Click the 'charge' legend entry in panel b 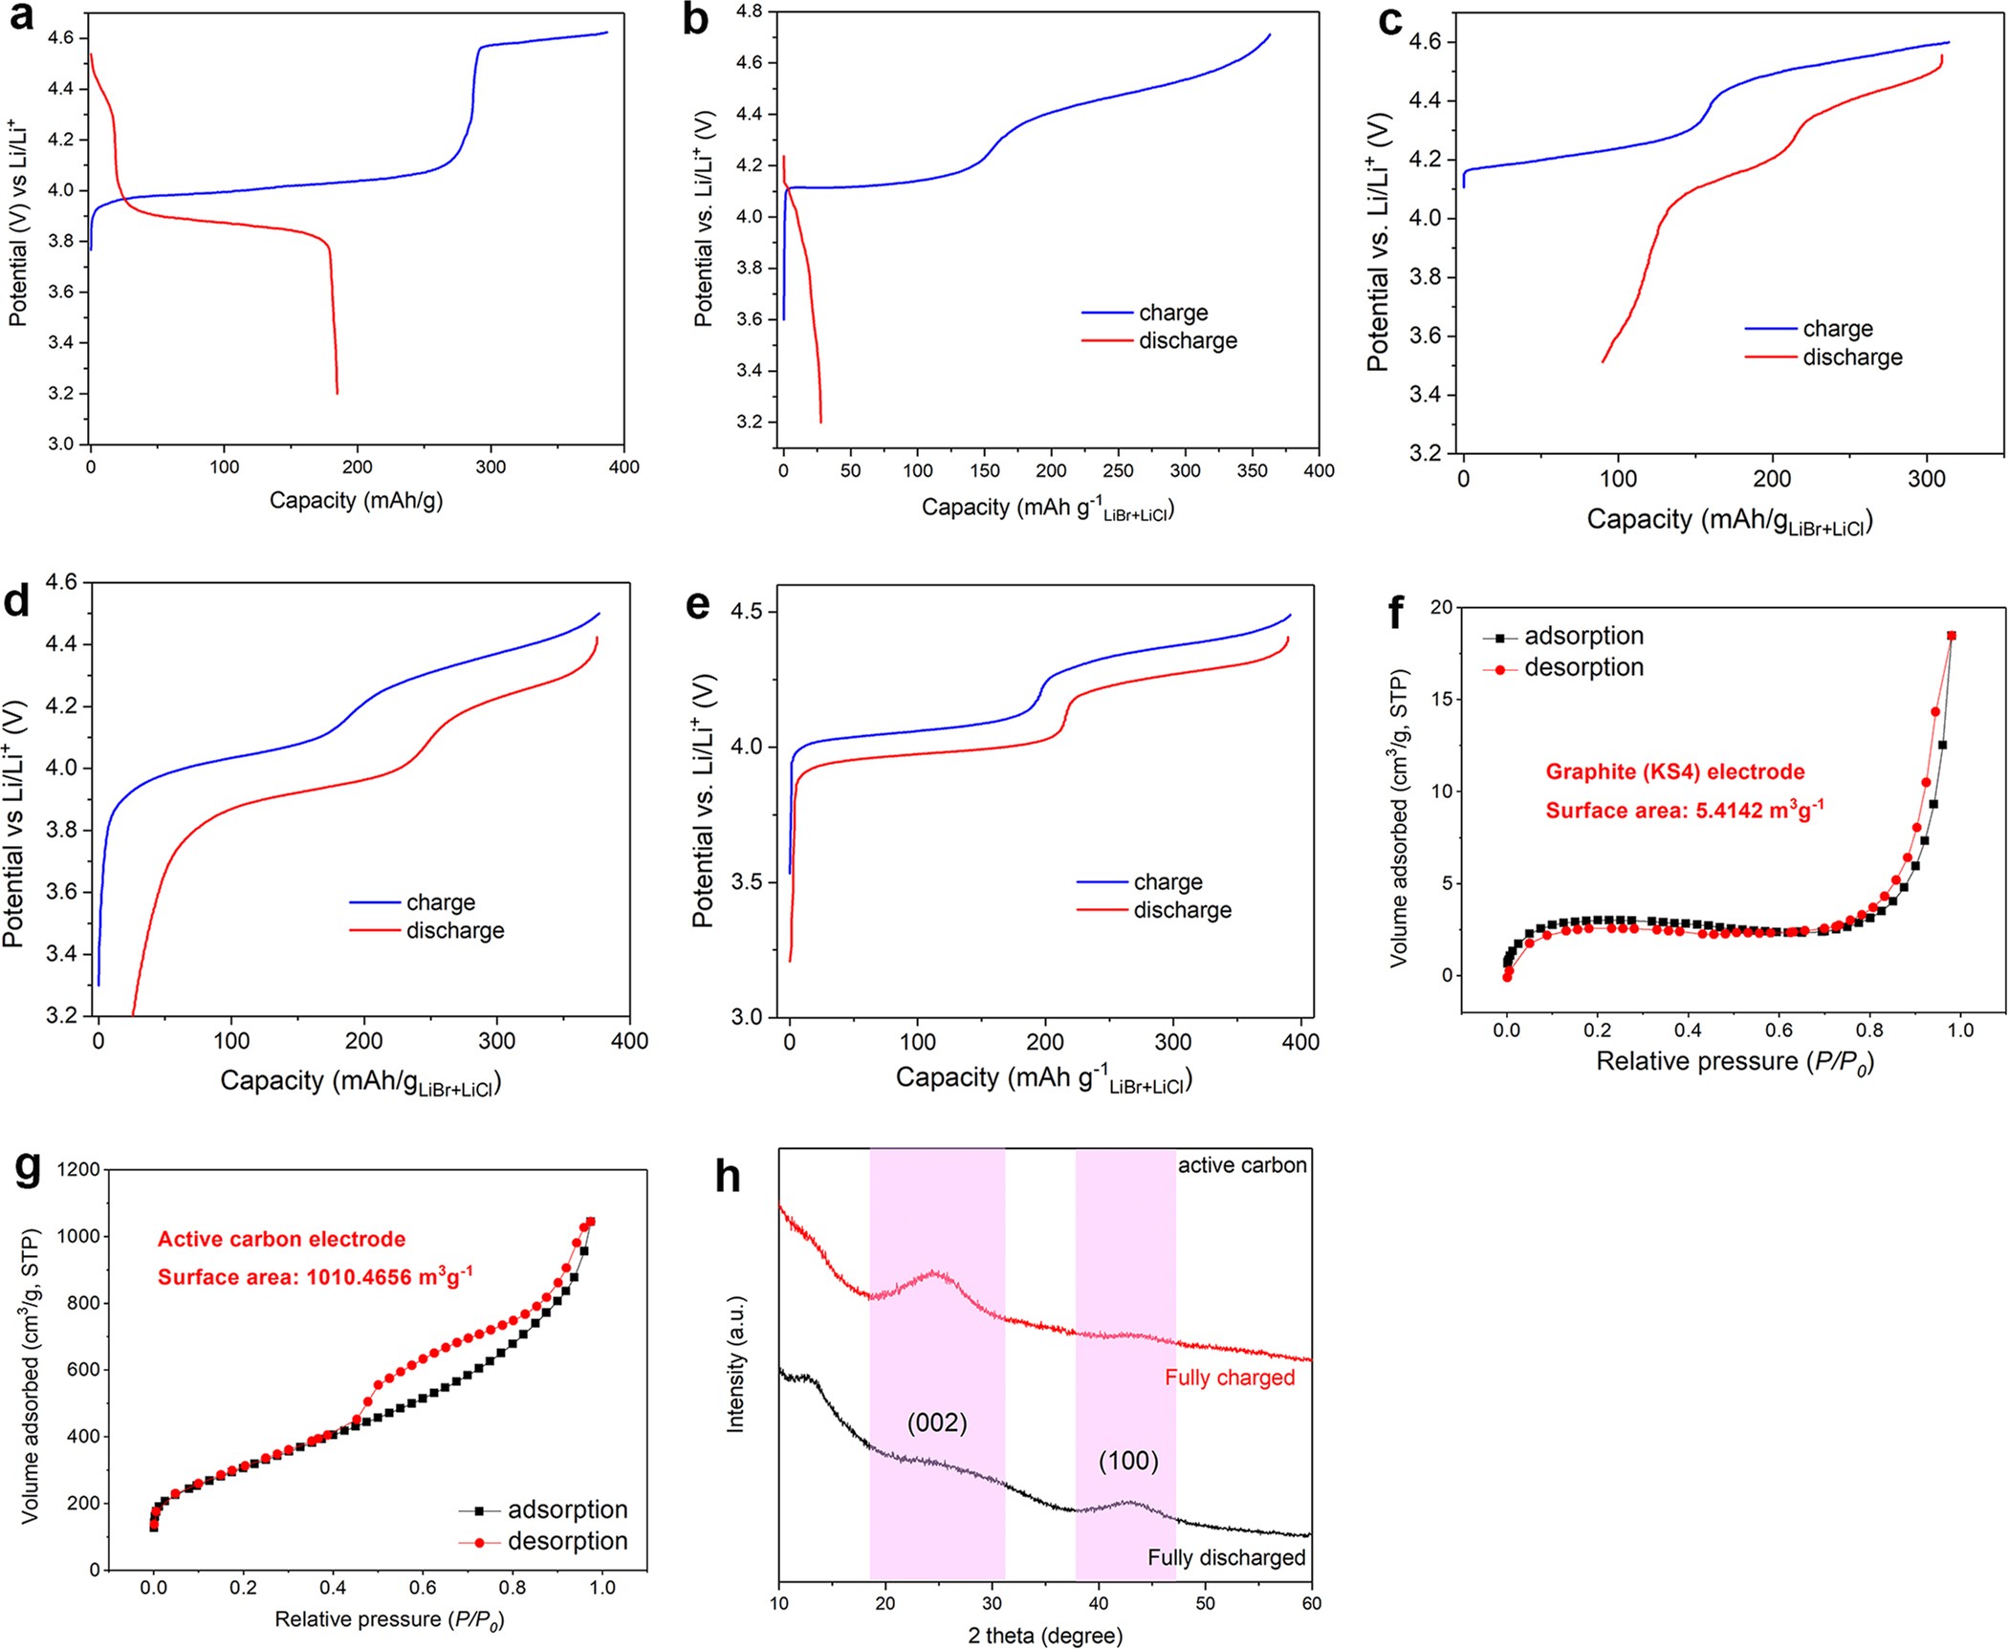(1172, 313)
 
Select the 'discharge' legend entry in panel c (1852, 358)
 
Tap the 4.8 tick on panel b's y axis (749, 11)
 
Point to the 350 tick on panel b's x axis (1252, 470)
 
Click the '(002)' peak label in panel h (937, 1422)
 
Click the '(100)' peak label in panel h (1128, 1461)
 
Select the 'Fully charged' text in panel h (1230, 1378)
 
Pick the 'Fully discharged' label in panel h (1226, 1557)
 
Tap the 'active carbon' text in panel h (1242, 1165)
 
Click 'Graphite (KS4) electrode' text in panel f (1675, 771)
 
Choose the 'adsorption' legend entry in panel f (1583, 636)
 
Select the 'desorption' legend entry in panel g (567, 1541)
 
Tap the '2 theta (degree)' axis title (1045, 1636)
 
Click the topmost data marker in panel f (1952, 636)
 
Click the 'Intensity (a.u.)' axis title (735, 1364)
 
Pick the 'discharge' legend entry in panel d (455, 930)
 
